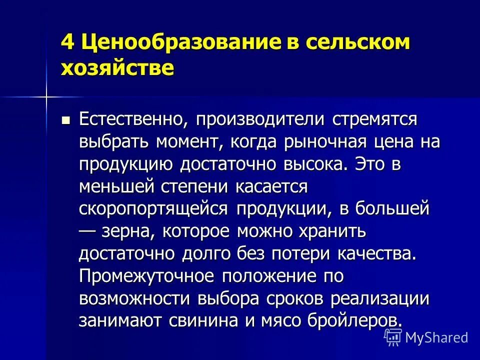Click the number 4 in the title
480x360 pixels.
(x=67, y=42)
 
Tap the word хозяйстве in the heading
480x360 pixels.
(x=117, y=67)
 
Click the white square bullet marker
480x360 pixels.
(x=65, y=120)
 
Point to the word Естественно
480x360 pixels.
(x=132, y=120)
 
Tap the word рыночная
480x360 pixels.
(x=320, y=142)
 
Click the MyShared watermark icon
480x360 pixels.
(x=393, y=337)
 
